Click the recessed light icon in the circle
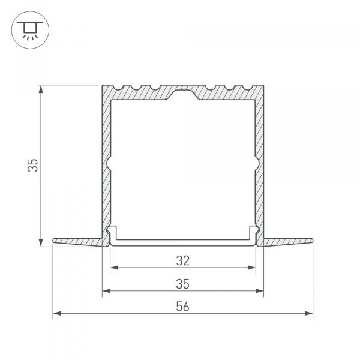click(30, 31)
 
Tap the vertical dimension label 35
click(33, 165)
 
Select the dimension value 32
click(183, 261)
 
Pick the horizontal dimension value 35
click(183, 284)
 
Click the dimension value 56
click(183, 307)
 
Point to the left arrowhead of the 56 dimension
click(57, 313)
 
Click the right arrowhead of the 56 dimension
click(309, 313)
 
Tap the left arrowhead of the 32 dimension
click(115, 268)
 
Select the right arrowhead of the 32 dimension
click(251, 268)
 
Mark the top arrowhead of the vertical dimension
click(41, 89)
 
